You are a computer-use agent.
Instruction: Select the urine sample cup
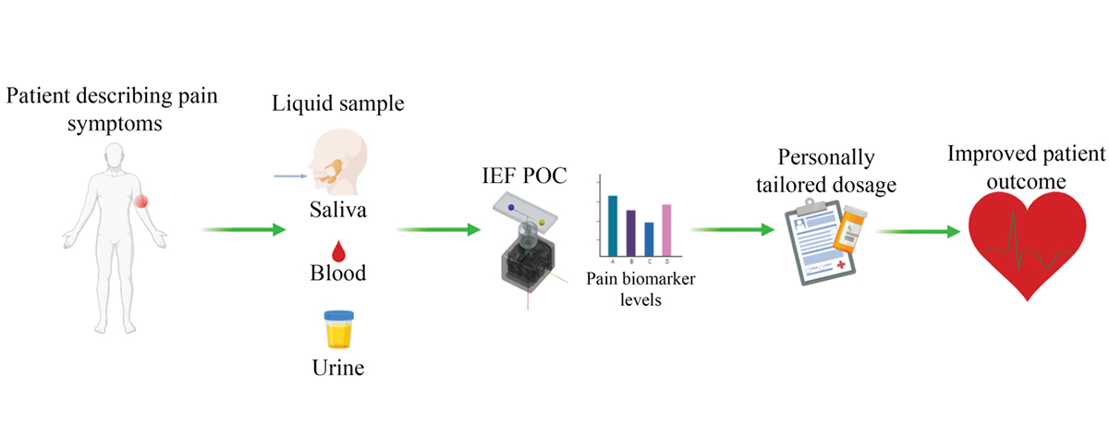[336, 329]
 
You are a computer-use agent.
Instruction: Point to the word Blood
[337, 274]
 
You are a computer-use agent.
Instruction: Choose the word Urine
[337, 370]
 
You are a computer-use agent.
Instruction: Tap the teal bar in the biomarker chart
[612, 226]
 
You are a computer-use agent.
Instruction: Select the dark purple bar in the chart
[630, 233]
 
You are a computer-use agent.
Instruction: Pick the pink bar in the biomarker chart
[666, 230]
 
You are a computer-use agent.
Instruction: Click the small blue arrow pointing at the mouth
[290, 174]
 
